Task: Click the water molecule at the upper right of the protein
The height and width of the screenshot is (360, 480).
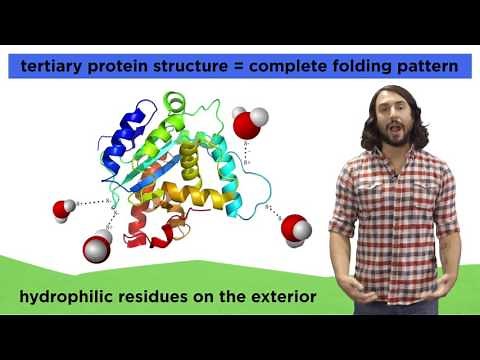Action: point(249,125)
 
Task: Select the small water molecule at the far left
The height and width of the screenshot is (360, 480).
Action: point(64,209)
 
